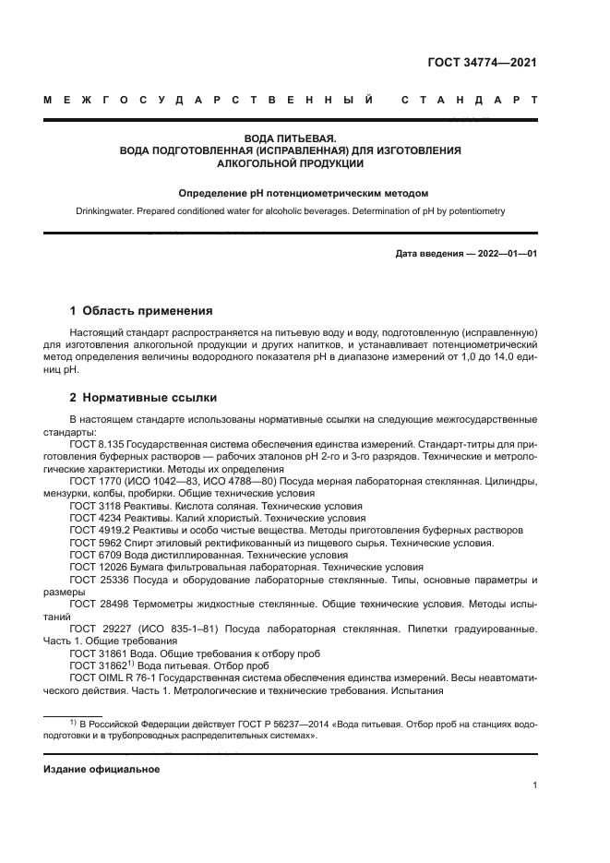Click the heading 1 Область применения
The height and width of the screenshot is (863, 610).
[141, 310]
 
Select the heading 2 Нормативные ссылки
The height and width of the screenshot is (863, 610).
[144, 398]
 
